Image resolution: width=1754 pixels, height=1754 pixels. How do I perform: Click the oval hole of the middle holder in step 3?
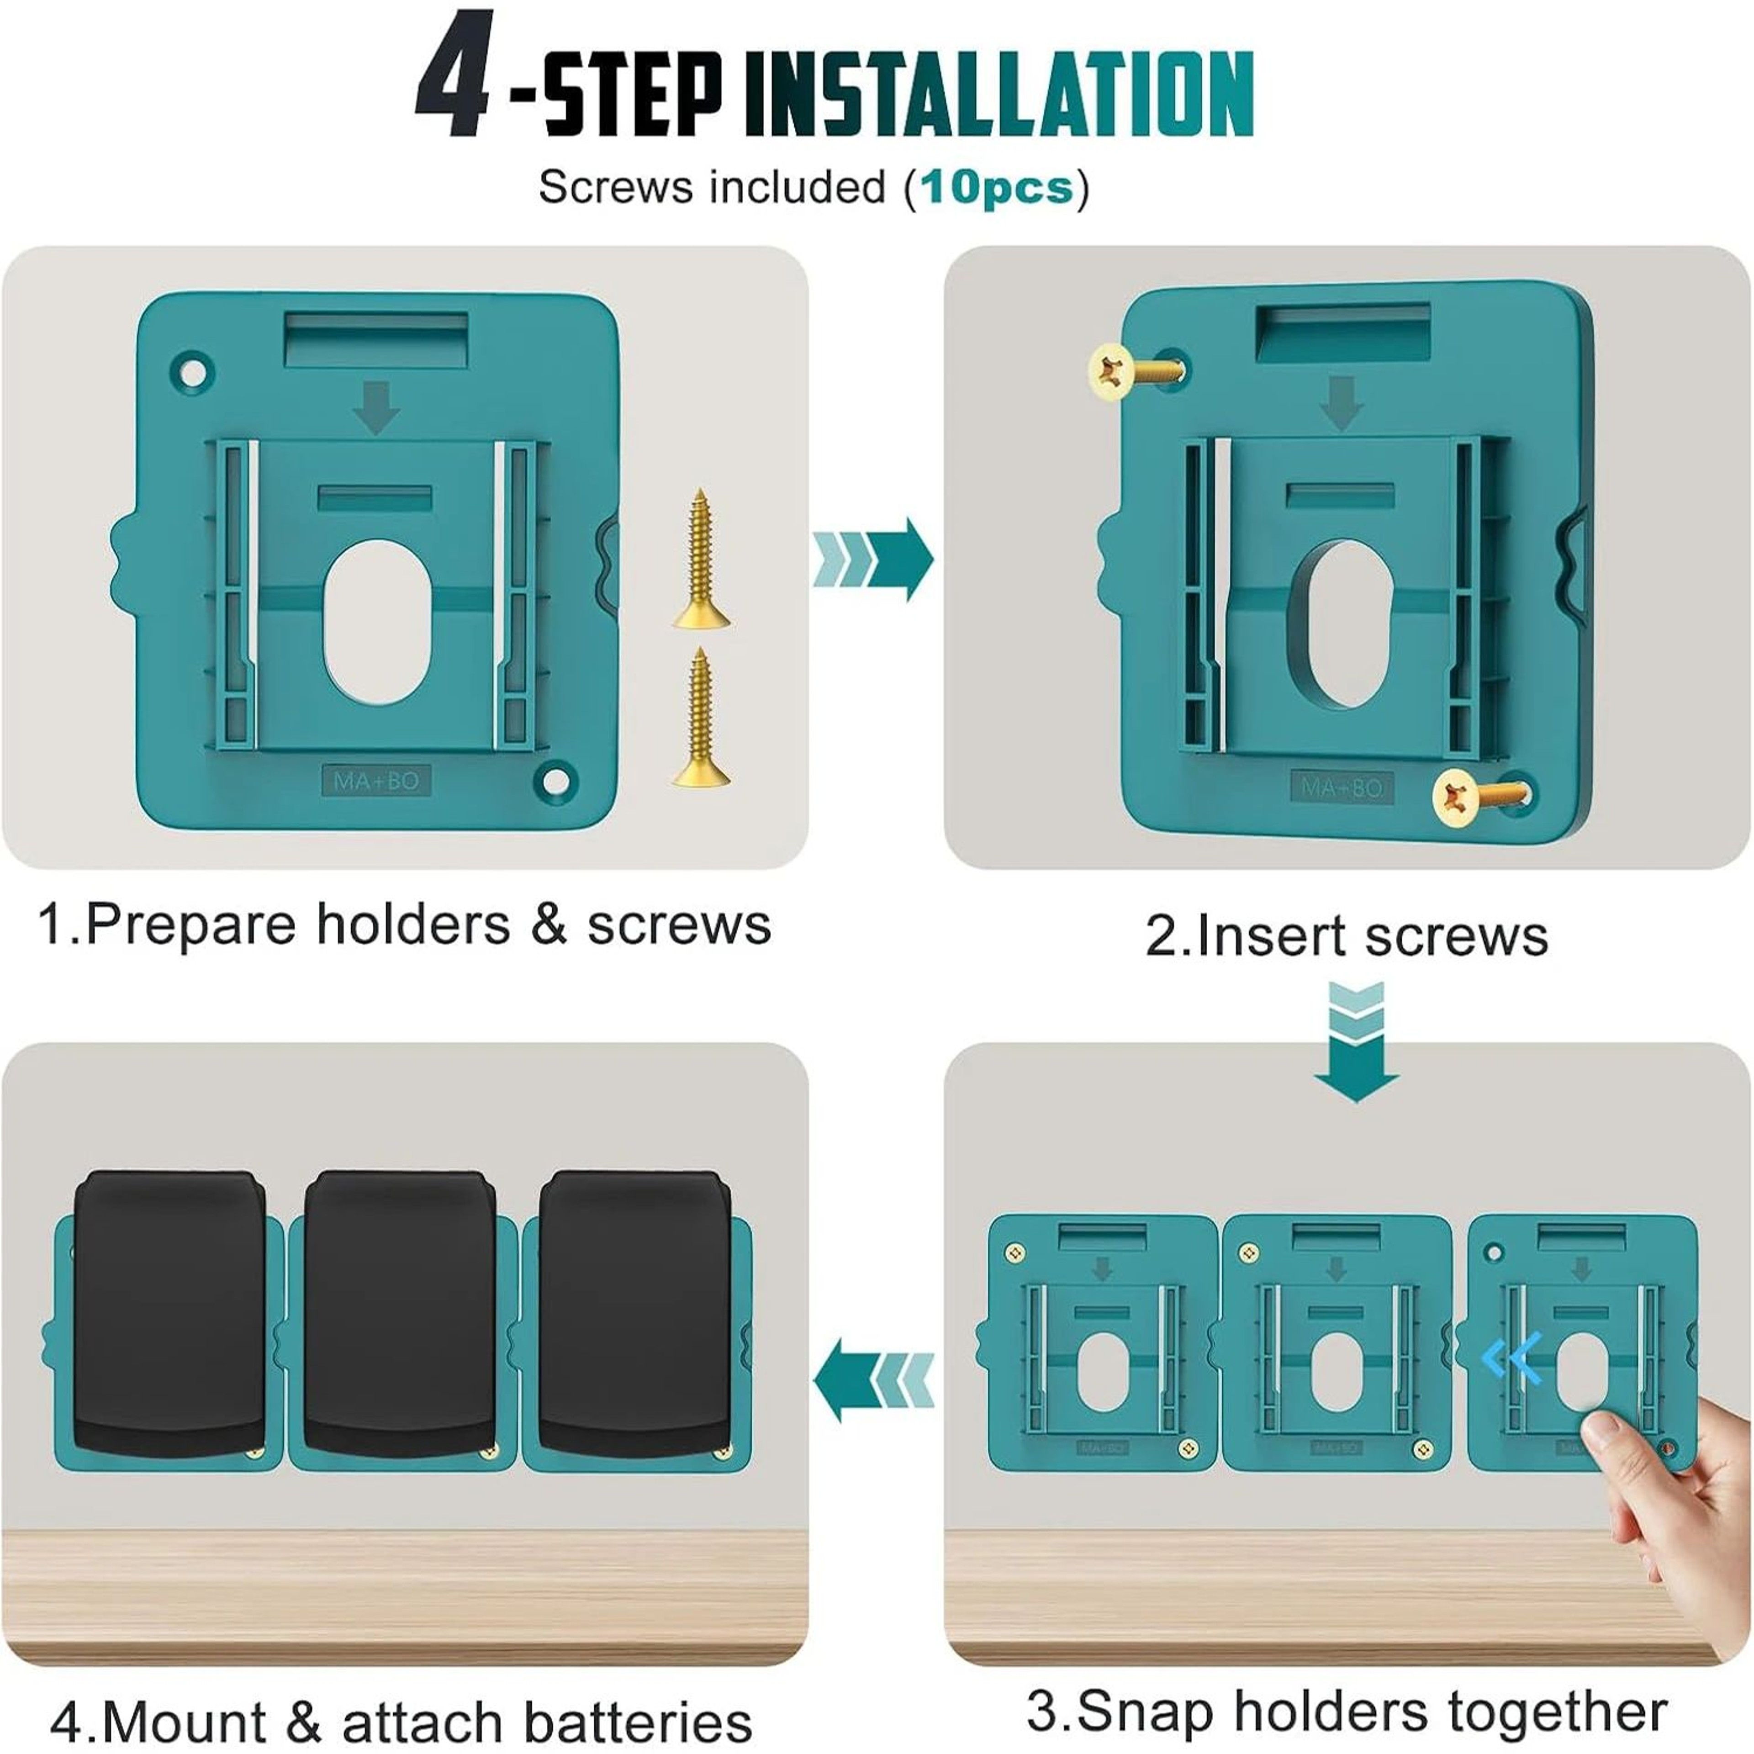click(x=1337, y=1372)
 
